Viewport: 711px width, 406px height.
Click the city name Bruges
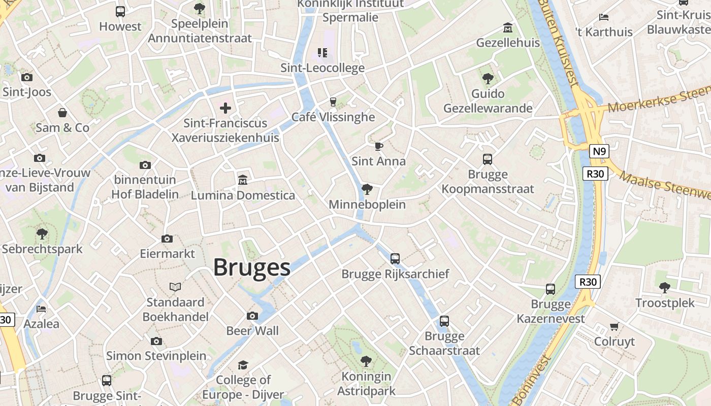click(x=251, y=267)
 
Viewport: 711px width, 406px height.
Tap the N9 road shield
click(x=599, y=151)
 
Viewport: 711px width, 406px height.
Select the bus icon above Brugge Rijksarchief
click(x=395, y=259)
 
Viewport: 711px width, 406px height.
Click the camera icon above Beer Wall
click(x=252, y=316)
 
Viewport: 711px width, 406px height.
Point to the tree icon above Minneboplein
click(x=367, y=190)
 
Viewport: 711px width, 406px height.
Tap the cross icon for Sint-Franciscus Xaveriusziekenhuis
click(x=225, y=108)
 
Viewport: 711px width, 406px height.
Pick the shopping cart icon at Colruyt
click(x=615, y=326)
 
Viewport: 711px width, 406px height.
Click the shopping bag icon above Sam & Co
click(x=62, y=113)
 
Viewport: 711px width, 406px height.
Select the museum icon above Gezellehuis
click(x=507, y=27)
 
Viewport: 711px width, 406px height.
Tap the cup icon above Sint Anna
click(x=378, y=147)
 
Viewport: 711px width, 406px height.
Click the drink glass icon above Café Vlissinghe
click(x=333, y=102)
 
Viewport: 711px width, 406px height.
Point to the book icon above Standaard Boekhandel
click(x=175, y=287)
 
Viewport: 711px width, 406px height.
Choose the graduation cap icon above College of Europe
click(x=243, y=365)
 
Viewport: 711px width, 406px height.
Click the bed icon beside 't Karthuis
click(x=604, y=17)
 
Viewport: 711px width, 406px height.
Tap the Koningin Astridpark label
click(x=366, y=384)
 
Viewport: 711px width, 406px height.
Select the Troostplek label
click(x=665, y=303)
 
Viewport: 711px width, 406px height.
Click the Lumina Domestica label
click(x=243, y=195)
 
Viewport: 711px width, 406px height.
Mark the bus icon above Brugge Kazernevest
click(x=551, y=289)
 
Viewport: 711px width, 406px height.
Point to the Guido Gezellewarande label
click(x=488, y=100)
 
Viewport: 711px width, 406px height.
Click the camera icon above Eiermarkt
click(x=167, y=239)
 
